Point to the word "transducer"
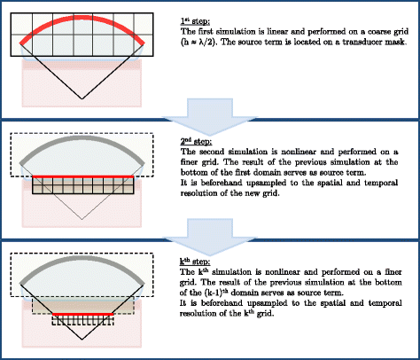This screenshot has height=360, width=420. [x=351, y=42]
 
